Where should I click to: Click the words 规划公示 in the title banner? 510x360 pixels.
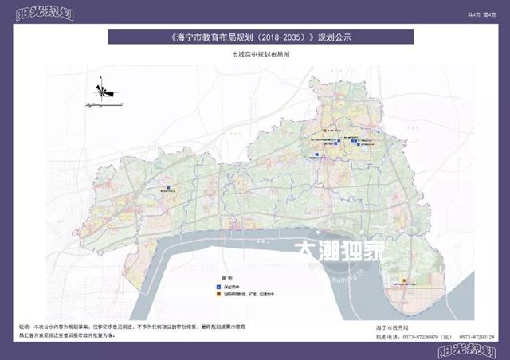[x=335, y=37]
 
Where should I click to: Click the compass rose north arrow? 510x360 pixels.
[x=103, y=90]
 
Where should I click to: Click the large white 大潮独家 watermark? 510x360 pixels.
[x=339, y=252]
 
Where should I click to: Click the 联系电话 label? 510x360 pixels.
[x=385, y=337]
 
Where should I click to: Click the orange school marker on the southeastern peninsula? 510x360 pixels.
[x=404, y=281]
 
